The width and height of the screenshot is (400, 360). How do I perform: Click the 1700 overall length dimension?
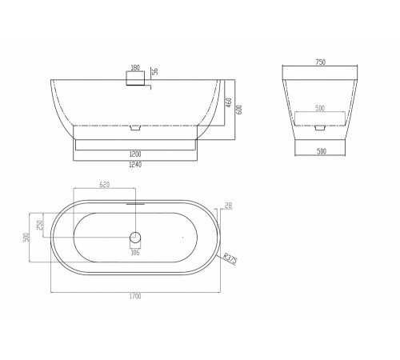[x=135, y=296]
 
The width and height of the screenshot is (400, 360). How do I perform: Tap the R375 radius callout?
[x=230, y=258]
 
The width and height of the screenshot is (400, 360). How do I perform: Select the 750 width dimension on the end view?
[x=320, y=62]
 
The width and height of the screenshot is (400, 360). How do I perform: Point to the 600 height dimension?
[x=239, y=110]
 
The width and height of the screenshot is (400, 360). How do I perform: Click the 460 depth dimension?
[x=229, y=102]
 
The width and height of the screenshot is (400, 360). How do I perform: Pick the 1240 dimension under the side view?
[x=135, y=165]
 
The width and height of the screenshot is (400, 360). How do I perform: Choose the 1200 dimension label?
[x=135, y=154]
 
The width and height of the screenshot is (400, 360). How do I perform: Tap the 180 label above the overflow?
[x=135, y=68]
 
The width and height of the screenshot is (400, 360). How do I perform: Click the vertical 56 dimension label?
[x=154, y=71]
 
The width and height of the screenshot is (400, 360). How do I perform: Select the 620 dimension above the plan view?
[x=105, y=185]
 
